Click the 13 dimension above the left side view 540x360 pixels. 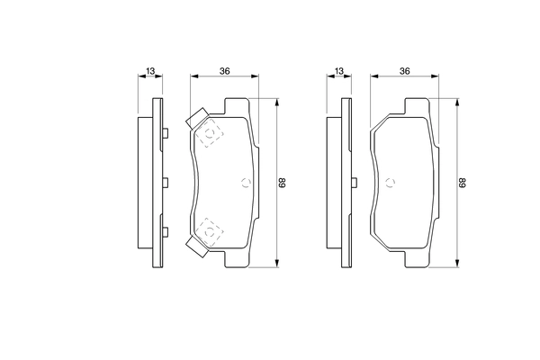149,71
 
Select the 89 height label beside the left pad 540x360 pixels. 282,183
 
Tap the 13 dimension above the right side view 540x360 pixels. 338,71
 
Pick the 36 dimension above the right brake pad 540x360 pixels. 405,71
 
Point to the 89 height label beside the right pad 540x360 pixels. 463,183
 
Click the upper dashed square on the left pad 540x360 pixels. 211,134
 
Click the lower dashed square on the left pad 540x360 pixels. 211,231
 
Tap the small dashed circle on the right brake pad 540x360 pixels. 391,183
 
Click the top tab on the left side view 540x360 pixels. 166,134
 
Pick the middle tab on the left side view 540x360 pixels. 166,183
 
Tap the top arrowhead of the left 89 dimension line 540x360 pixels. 275,101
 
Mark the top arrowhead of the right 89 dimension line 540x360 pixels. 456,101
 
